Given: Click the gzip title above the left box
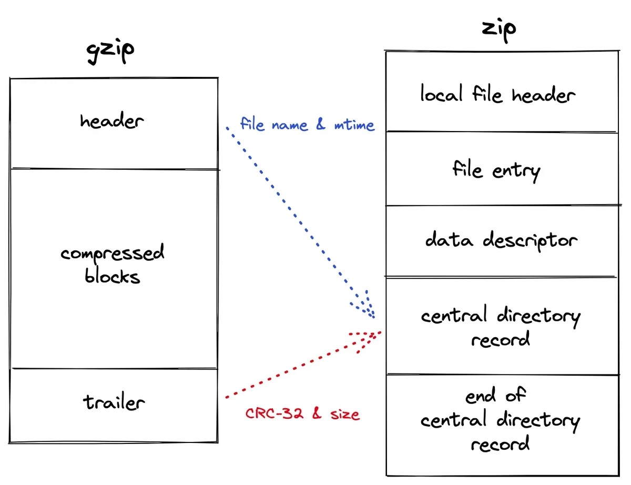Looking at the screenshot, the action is [110, 51].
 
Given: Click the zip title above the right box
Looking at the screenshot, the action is [499, 30].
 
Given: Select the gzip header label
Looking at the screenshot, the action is [112, 120].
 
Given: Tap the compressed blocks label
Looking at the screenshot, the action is [113, 264].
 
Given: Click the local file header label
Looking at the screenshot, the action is [498, 94].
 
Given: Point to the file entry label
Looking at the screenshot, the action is [496, 170].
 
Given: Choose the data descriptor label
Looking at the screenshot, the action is [501, 240].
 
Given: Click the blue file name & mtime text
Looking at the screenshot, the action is [307, 124].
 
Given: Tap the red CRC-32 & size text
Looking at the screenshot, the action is [302, 413].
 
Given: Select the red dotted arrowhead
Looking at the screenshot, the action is [368, 340].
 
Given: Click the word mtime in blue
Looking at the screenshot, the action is [354, 125].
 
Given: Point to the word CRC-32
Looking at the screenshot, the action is [274, 413].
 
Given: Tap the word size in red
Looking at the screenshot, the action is [345, 414].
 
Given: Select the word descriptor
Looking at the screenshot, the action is [530, 241].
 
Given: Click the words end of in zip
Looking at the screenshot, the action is [495, 395].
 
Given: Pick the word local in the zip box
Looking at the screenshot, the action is [441, 93].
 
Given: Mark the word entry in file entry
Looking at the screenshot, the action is [516, 172].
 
